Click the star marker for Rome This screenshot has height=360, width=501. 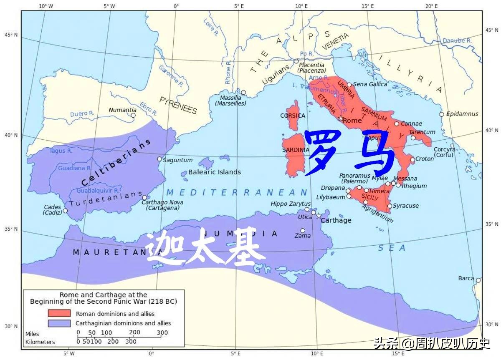[x=341, y=118]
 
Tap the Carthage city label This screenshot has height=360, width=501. [x=336, y=220]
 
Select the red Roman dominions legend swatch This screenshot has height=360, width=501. [x=59, y=313]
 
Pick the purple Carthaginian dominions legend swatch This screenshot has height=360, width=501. [x=59, y=323]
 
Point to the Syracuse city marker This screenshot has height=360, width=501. [x=390, y=206]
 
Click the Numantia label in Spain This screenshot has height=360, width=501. [x=122, y=110]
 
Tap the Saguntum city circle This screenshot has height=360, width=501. [x=159, y=159]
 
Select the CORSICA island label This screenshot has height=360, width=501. [x=293, y=116]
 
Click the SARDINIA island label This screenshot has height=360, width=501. [x=295, y=150]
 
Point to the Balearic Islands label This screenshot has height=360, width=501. [x=214, y=172]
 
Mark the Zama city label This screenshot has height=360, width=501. [x=303, y=236]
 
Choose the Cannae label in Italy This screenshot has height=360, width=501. [x=411, y=123]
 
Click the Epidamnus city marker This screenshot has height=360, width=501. [x=441, y=114]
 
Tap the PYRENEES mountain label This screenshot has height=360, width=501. [x=178, y=105]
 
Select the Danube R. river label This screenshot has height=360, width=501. [x=457, y=41]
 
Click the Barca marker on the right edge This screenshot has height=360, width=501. [x=478, y=280]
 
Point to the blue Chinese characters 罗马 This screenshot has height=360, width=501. [x=350, y=153]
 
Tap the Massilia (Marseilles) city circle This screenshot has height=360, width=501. [x=243, y=92]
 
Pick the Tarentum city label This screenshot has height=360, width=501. [x=422, y=132]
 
